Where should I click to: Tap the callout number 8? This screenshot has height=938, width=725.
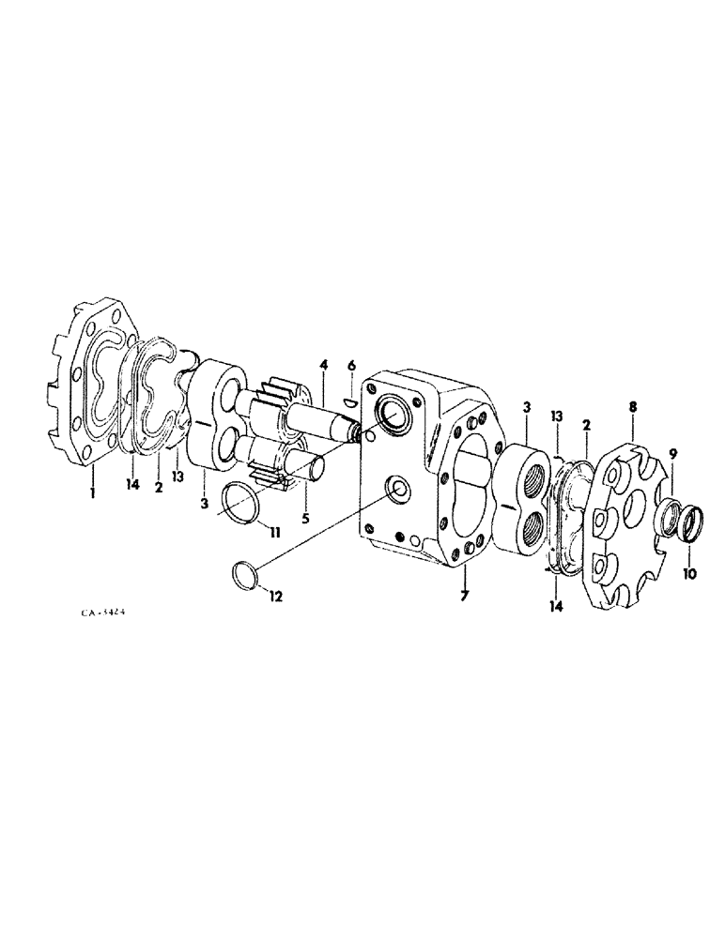coord(632,409)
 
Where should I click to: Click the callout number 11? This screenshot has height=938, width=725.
coord(273,534)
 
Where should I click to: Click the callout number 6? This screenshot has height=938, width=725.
coord(351,367)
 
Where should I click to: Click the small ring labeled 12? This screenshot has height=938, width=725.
coord(246,574)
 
